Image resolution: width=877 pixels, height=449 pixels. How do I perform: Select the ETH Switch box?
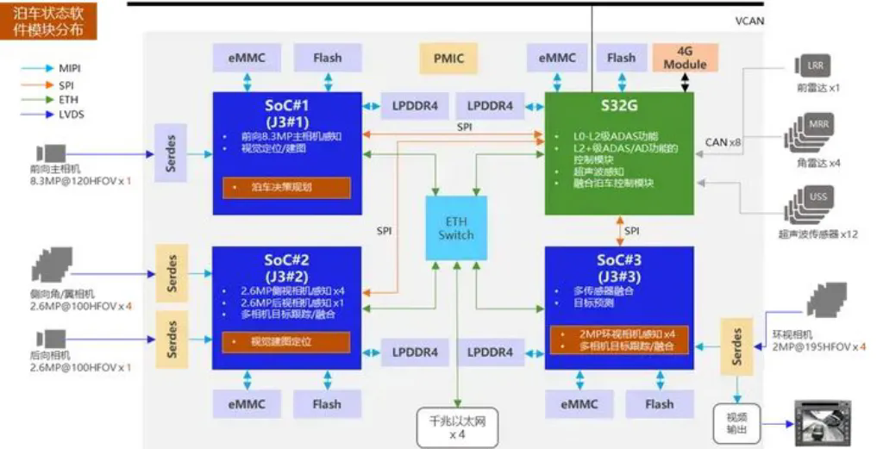(456, 228)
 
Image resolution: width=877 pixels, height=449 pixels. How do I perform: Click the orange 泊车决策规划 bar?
(287, 187)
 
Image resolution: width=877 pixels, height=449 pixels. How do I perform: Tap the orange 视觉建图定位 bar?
(287, 341)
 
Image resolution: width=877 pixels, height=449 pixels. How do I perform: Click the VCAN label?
(749, 22)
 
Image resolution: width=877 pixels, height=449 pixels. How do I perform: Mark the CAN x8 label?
(723, 142)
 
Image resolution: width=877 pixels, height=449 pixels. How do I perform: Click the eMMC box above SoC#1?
(247, 59)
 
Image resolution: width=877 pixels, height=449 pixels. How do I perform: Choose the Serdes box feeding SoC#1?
(170, 153)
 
